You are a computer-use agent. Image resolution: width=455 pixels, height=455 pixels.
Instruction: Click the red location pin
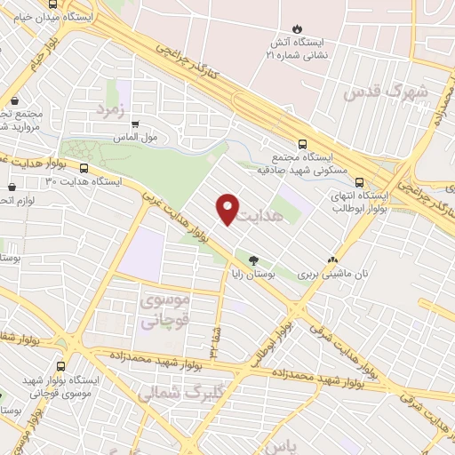tap(228, 208)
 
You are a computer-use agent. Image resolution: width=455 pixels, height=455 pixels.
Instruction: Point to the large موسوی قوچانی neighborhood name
tap(159, 312)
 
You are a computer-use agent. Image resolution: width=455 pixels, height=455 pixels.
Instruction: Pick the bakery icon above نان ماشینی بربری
tap(332, 260)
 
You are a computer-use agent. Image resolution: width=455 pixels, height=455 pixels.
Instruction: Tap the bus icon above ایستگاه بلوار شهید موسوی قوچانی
tap(60, 365)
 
